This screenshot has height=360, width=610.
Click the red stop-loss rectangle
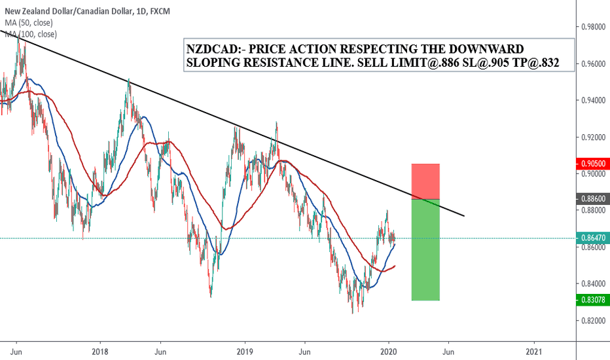[425, 181]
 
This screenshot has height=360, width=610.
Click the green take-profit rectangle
[425, 249]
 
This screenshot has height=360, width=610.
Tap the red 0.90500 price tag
[593, 163]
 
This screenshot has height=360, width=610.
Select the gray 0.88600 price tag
[593, 198]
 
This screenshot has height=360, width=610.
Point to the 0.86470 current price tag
[593, 238]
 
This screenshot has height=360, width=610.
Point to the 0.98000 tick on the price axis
[593, 27]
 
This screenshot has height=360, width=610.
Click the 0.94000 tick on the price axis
[593, 100]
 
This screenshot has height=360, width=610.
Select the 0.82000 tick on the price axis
[593, 321]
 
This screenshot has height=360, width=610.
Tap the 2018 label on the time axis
[100, 350]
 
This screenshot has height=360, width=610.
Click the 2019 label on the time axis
[245, 350]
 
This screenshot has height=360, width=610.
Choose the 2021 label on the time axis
[534, 350]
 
